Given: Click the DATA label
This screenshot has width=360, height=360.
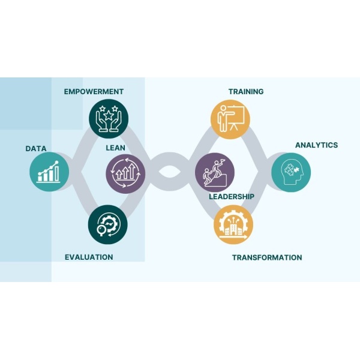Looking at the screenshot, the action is pos(36,149).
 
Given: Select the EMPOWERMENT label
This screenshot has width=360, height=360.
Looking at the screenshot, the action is pos(94,92).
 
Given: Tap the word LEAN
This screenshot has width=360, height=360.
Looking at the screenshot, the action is pos(115,148).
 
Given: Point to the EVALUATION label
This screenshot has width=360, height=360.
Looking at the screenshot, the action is pos(89,257).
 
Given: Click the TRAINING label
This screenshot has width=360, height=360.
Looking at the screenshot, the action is pos(246,92).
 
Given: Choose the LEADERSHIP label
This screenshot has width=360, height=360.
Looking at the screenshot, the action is pos(232,197).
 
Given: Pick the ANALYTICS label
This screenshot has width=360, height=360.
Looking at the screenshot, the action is pos(317,145).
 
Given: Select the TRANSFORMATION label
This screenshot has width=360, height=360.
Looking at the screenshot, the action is pos(267,257).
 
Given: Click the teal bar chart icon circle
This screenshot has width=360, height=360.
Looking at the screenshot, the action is pos(49,172).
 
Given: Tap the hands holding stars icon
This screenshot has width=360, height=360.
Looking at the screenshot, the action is pos(109,119).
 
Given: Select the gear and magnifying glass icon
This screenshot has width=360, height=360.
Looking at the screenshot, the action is pos(108,224).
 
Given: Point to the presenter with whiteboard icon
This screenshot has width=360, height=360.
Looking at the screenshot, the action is pos(230,119).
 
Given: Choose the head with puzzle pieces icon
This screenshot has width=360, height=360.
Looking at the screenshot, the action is pos(291,172).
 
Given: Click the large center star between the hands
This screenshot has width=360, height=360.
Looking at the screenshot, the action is pos(109,115).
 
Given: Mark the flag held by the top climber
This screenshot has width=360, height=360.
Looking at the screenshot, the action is pos(222,161).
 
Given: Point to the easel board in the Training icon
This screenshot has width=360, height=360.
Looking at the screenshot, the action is pos(236,117).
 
